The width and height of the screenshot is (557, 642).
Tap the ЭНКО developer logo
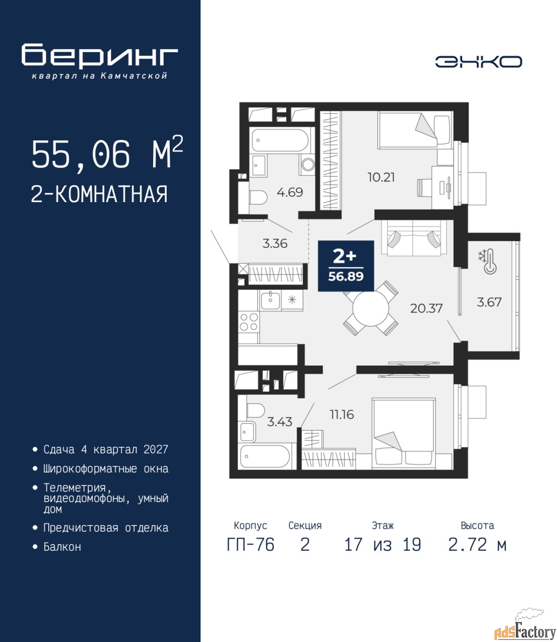[478, 62]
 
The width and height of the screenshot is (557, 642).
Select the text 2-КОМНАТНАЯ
[99, 194]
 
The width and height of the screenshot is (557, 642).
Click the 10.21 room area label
[381, 178]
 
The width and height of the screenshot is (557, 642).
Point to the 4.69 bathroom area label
[290, 192]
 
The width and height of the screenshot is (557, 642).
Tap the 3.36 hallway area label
[275, 243]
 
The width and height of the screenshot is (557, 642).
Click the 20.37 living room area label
[426, 308]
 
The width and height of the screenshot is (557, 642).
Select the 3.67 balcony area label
[489, 302]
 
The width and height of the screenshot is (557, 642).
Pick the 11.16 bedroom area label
[342, 415]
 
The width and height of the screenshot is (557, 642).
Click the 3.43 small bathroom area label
[280, 422]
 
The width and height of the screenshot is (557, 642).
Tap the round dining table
[371, 308]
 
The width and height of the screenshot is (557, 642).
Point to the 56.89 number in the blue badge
[346, 276]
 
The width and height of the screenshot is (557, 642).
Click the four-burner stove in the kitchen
[249, 322]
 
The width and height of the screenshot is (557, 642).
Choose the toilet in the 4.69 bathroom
[258, 198]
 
